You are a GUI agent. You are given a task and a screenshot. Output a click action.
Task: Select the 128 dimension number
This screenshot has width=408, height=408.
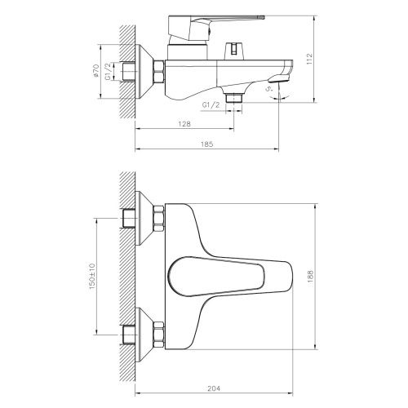click(186, 123)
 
